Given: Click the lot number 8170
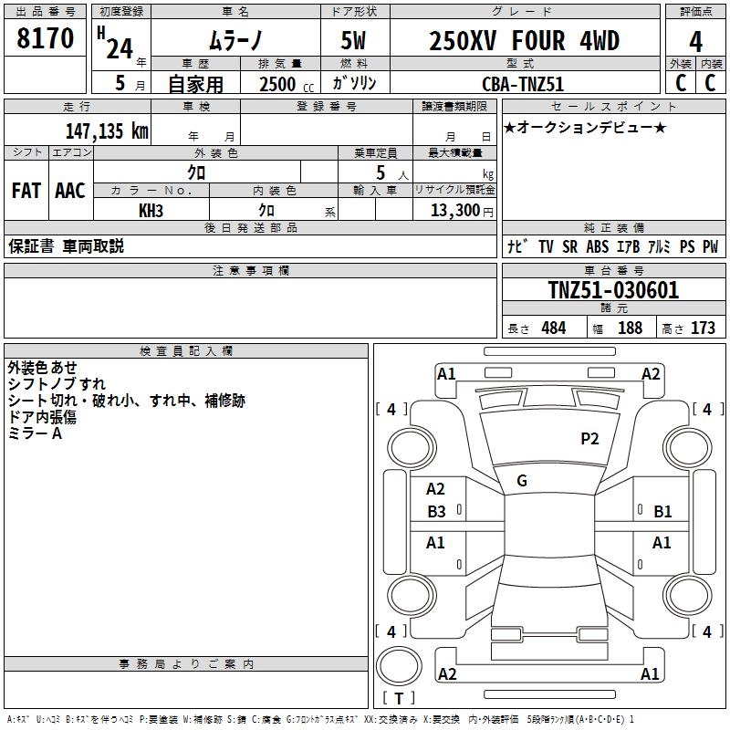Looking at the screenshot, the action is (46, 38).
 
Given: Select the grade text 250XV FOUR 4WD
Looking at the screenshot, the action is (524, 41).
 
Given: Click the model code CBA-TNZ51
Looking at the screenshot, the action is (523, 83).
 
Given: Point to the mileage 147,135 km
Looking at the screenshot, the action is (107, 130).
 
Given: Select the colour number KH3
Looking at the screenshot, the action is (151, 210).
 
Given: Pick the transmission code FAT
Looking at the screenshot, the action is (26, 191).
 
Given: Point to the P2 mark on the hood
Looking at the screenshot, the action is (589, 439).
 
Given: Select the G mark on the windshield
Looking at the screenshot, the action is (522, 481).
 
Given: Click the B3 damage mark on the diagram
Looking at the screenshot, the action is (436, 512).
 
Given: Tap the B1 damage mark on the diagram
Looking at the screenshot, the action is (662, 512).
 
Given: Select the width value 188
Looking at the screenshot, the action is (630, 328).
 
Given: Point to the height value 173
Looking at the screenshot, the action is (703, 328).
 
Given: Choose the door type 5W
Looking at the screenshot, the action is (355, 41).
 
